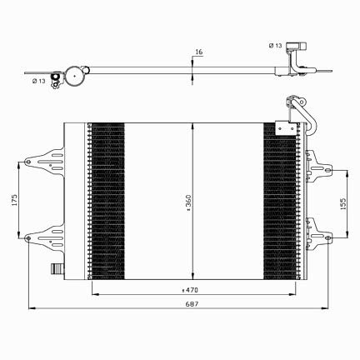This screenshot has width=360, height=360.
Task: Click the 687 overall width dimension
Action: click(x=192, y=304)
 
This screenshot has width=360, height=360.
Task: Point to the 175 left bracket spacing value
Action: click(x=14, y=200)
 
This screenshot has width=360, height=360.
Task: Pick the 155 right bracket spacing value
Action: click(x=343, y=203)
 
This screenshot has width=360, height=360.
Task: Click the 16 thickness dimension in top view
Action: click(x=199, y=52)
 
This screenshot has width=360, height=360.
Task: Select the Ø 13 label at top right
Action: click(x=275, y=45)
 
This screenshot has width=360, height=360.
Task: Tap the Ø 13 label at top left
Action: click(x=38, y=81)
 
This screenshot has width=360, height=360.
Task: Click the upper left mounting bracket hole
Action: click(x=27, y=162)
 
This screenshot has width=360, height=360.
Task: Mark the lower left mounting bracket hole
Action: click(x=27, y=238)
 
